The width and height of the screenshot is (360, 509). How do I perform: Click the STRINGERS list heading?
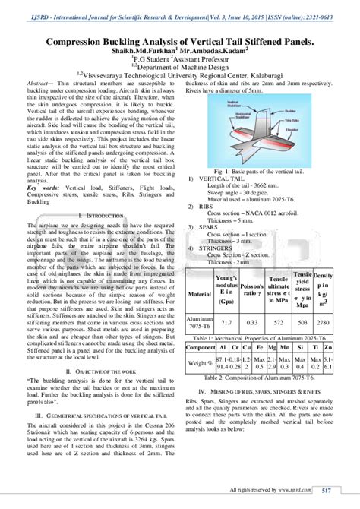tap(217, 248)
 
